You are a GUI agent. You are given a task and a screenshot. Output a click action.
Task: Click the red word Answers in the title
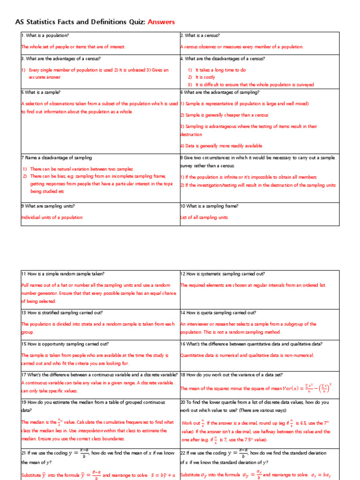[x=161, y=22]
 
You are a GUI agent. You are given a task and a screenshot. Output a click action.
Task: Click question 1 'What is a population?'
[x=45, y=36]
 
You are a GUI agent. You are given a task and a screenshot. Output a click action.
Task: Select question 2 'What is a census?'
[x=200, y=36]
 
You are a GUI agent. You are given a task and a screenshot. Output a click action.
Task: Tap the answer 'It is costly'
[x=205, y=77]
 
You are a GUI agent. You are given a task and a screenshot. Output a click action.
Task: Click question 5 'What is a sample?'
[x=41, y=92]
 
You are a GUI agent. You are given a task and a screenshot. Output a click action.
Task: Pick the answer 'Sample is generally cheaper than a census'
[x=224, y=115]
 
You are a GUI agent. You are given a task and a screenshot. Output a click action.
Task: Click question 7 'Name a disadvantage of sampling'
[x=57, y=158]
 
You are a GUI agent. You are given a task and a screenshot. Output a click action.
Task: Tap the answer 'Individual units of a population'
[x=52, y=217]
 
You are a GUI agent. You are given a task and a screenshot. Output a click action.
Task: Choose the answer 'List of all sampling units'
[x=204, y=217]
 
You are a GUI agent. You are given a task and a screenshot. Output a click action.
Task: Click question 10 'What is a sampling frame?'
[x=210, y=206]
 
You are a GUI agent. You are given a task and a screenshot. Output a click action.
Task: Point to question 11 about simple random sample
[x=63, y=274]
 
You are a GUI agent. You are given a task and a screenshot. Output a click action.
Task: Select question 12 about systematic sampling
[x=223, y=274]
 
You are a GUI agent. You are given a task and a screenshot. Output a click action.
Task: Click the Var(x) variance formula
[x=307, y=388]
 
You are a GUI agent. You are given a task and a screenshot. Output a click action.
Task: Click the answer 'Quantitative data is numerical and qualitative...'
[x=247, y=355]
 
